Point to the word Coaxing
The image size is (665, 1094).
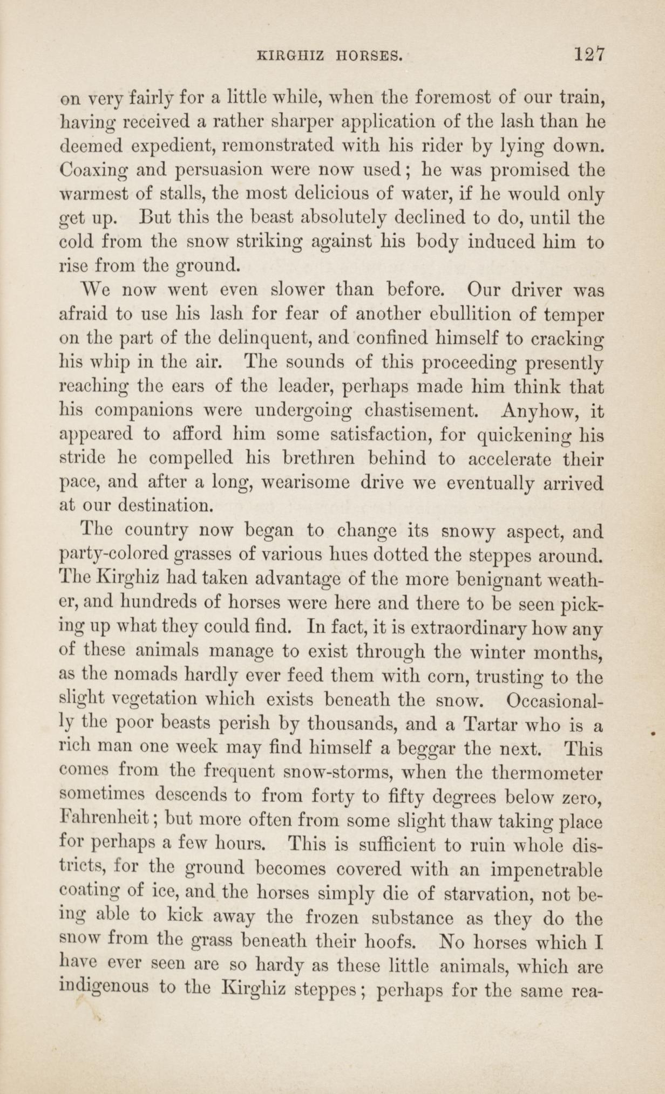pos(94,170)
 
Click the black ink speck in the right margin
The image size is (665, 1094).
pos(653,734)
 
